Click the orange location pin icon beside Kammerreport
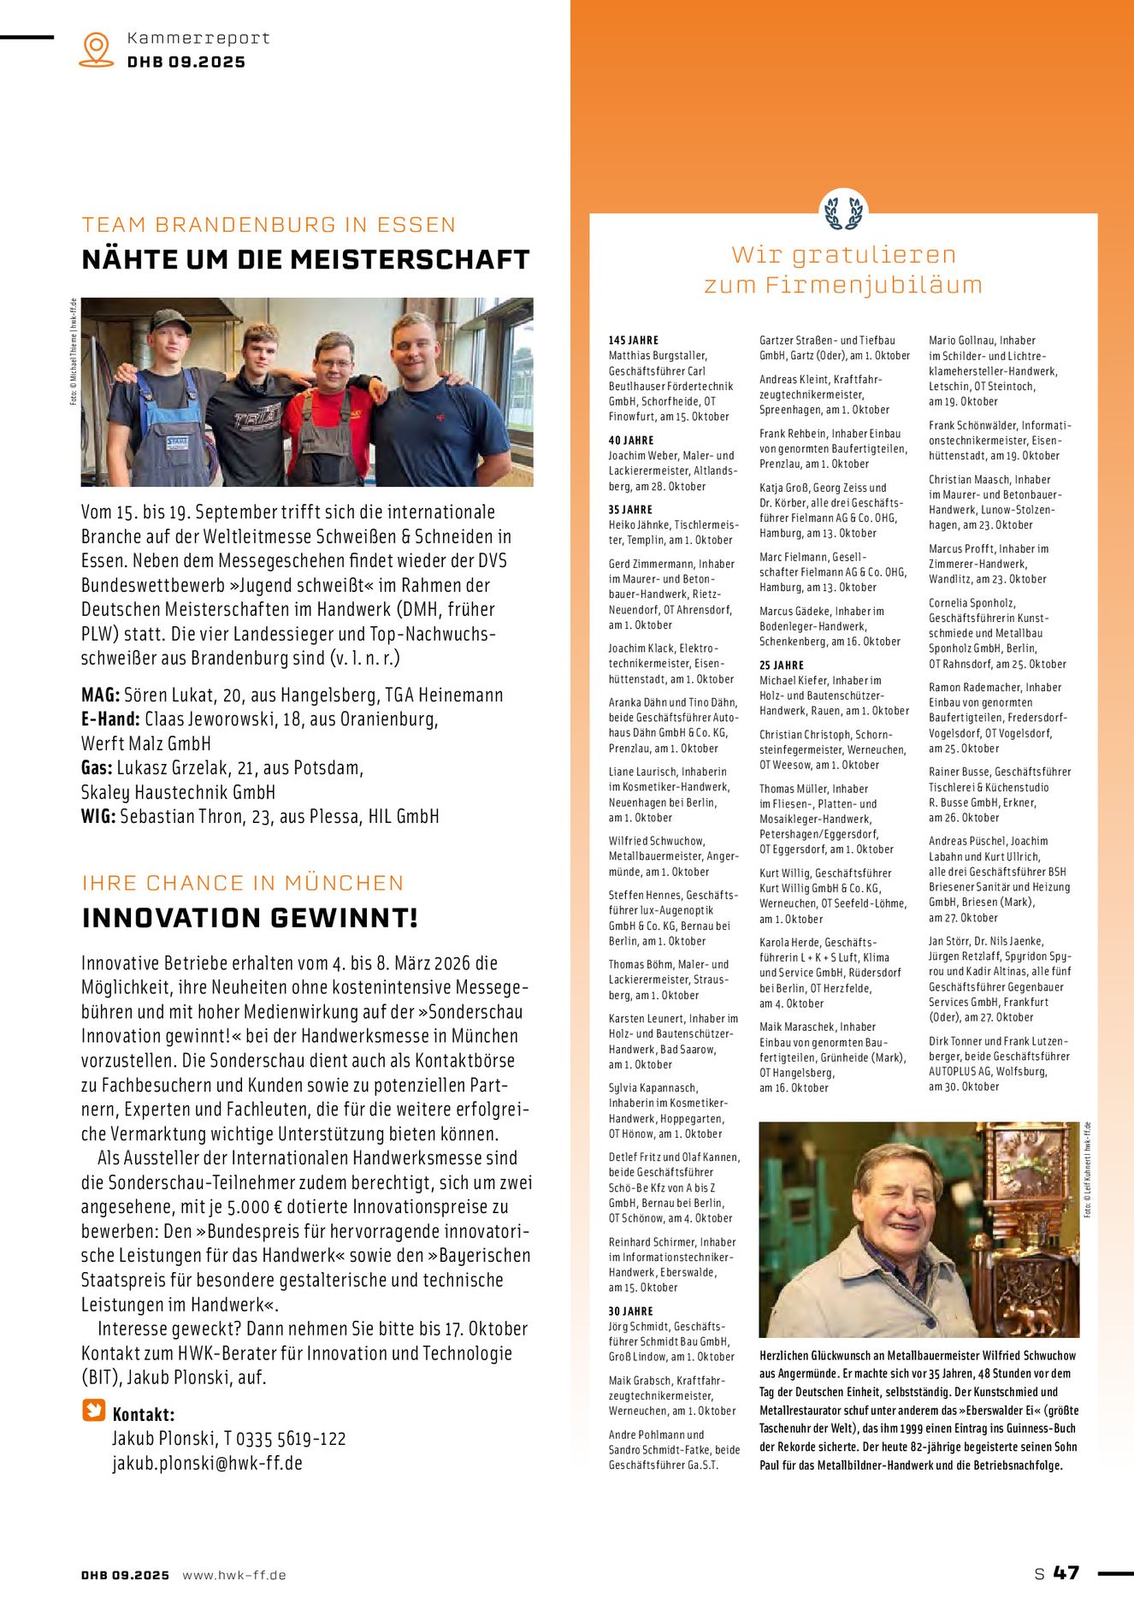tap(96, 49)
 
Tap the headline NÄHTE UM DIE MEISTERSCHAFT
tap(305, 259)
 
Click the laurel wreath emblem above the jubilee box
tap(843, 211)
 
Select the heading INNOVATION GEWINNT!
tap(250, 918)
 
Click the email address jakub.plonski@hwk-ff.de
tap(207, 1463)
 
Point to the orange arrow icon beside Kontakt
tap(93, 1410)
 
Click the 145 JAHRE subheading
tap(634, 340)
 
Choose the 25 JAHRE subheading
tap(782, 665)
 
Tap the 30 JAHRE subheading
tap(630, 1311)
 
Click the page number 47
tap(1066, 1573)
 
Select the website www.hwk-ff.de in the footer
tap(234, 1575)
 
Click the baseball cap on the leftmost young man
tap(170, 321)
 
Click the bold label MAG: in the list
tap(100, 695)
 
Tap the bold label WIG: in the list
tap(98, 816)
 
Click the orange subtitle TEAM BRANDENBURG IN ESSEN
tap(269, 225)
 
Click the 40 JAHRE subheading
tap(631, 440)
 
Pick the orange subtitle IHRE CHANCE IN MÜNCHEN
tap(242, 883)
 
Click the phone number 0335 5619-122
tap(291, 1439)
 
